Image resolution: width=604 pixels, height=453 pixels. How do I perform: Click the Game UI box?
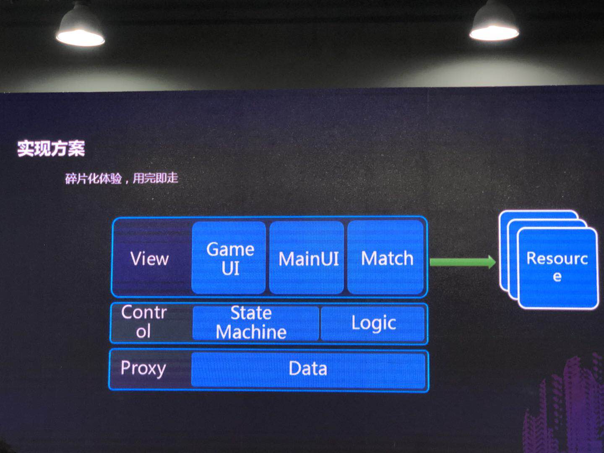[x=229, y=258]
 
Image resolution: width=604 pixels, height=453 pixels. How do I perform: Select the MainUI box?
[x=307, y=258]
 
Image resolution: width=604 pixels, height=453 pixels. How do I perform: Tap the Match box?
[x=386, y=258]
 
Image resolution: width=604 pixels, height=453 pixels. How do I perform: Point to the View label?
[x=150, y=258]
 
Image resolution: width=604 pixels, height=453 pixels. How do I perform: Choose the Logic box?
[x=373, y=323]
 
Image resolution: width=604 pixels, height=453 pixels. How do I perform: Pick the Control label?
[x=144, y=322]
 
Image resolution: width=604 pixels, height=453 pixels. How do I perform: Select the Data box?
[x=308, y=369]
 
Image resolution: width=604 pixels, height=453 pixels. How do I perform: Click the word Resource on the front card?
[x=557, y=258]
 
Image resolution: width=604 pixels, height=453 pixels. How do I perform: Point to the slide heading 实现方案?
[x=51, y=148]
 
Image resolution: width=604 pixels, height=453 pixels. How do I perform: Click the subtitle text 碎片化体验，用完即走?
[x=122, y=178]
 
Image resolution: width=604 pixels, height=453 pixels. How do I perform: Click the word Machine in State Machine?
[x=251, y=332]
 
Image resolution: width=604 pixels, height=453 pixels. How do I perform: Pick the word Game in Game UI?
[x=230, y=249]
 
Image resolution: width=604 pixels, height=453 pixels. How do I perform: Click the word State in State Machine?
[x=251, y=313]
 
